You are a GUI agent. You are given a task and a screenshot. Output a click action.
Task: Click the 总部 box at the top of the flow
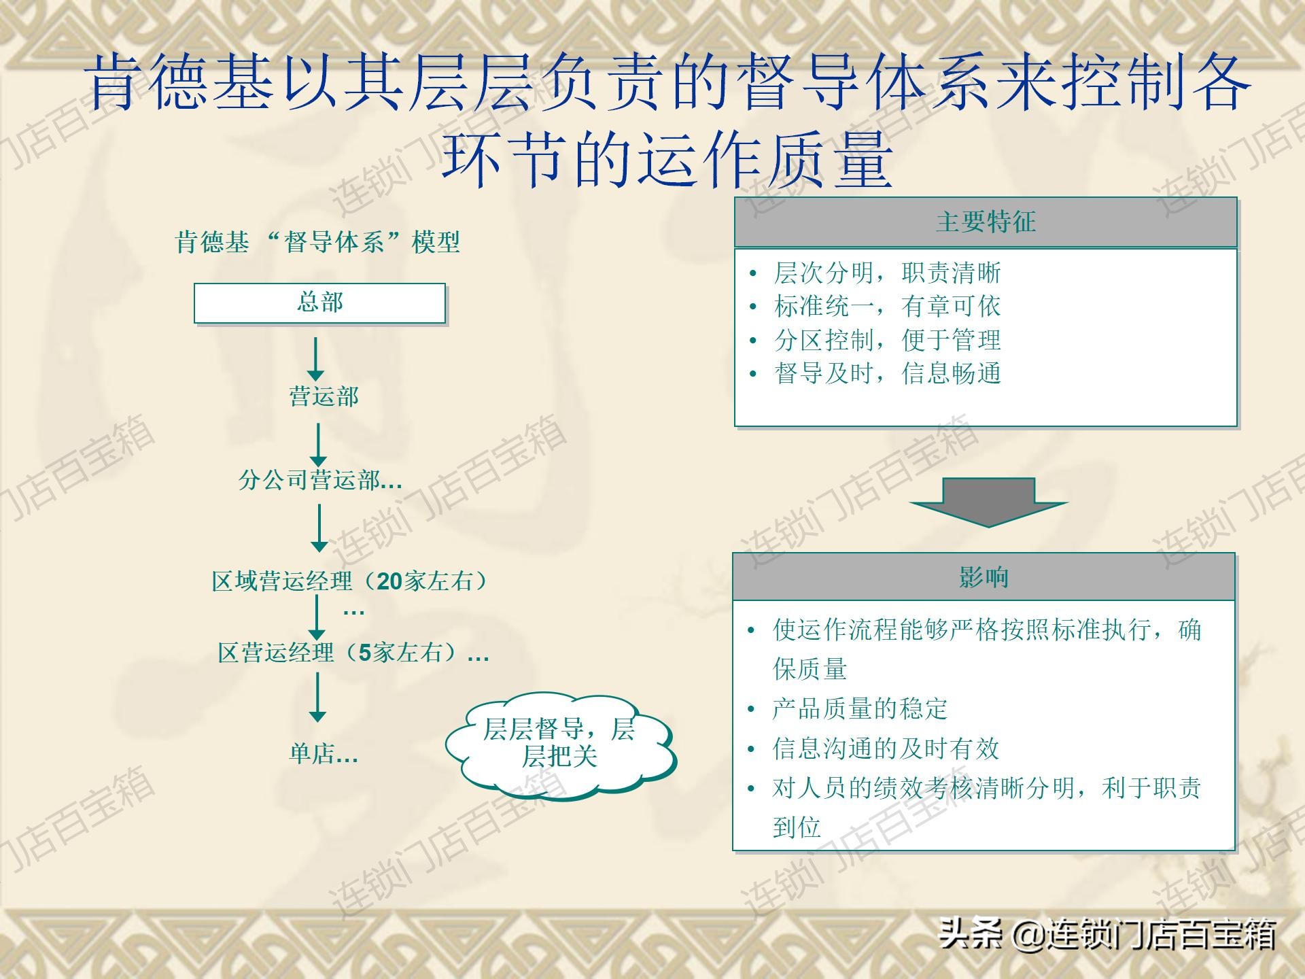click(319, 303)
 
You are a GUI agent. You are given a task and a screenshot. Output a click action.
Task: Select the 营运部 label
click(324, 396)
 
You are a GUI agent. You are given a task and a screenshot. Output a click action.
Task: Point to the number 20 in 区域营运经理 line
click(390, 581)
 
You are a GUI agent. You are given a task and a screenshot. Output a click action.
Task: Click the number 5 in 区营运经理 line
click(365, 653)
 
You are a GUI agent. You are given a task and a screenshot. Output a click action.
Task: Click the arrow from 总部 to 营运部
click(315, 359)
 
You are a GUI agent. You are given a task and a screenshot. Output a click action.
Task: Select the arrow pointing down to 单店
click(317, 697)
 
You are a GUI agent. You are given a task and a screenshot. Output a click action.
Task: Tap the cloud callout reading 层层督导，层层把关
click(559, 746)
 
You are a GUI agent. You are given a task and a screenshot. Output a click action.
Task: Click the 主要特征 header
click(986, 222)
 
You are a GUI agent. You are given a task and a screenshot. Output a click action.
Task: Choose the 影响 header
click(984, 577)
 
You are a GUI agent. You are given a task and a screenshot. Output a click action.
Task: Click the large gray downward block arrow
click(989, 502)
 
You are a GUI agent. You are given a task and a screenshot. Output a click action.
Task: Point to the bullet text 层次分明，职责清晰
click(887, 273)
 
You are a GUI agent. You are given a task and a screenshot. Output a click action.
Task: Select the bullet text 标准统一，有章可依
click(887, 307)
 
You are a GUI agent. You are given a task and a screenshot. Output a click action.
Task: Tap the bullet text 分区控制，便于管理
click(887, 340)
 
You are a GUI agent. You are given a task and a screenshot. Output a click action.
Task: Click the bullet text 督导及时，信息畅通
click(887, 373)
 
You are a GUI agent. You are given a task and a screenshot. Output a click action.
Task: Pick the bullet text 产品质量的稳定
click(860, 709)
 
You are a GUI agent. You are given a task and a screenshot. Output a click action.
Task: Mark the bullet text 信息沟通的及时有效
click(886, 749)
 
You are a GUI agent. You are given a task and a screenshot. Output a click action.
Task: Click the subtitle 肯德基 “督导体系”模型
click(317, 242)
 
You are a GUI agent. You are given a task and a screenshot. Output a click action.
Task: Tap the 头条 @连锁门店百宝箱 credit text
click(1108, 933)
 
